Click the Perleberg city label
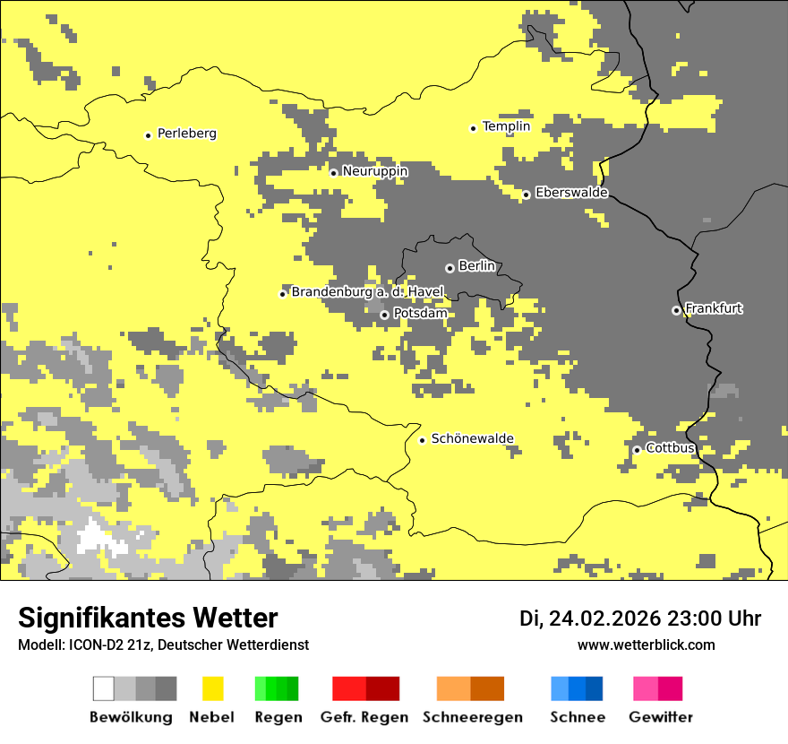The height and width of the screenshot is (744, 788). click(186, 134)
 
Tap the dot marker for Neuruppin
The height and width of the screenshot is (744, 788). click(333, 173)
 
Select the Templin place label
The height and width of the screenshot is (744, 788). click(506, 126)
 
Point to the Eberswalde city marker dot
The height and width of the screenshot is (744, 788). click(526, 195)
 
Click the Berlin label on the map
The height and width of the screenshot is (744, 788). click(476, 266)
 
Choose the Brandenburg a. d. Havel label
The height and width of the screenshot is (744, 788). click(367, 292)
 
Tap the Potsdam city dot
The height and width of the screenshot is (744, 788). click(384, 315)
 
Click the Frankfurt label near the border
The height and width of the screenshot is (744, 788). click(714, 308)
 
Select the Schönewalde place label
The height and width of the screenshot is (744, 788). click(472, 438)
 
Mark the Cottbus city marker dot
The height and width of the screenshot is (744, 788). click(637, 450)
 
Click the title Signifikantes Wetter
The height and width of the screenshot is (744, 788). click(148, 618)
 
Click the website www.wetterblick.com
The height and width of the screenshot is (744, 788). click(646, 645)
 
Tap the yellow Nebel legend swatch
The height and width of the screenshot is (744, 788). click(213, 688)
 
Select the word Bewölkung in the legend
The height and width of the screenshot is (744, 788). click(131, 717)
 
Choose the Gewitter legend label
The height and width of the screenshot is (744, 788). click(661, 717)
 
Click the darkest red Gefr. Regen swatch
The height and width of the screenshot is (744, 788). click(382, 688)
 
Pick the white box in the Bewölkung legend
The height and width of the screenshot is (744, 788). click(104, 688)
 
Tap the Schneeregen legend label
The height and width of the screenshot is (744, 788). click(472, 717)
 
